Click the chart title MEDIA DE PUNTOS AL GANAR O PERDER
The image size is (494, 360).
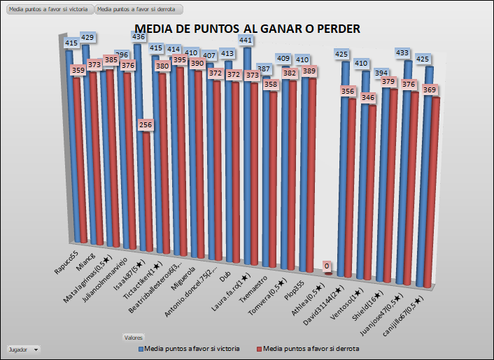pyautogui.click(x=247, y=29)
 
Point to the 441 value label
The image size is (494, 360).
pyautogui.click(x=246, y=41)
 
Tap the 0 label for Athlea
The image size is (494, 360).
pyautogui.click(x=327, y=266)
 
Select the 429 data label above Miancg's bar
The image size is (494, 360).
pyautogui.click(x=87, y=37)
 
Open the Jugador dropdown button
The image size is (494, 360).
pyautogui.click(x=22, y=348)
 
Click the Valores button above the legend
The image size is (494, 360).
pyautogui.click(x=134, y=337)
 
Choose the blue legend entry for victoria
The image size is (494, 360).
pyautogui.click(x=190, y=348)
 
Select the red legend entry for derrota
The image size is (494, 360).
pyautogui.click(x=307, y=348)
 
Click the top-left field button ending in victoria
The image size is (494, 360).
pyautogui.click(x=49, y=10)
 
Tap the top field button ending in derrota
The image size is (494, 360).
pyautogui.click(x=139, y=10)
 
